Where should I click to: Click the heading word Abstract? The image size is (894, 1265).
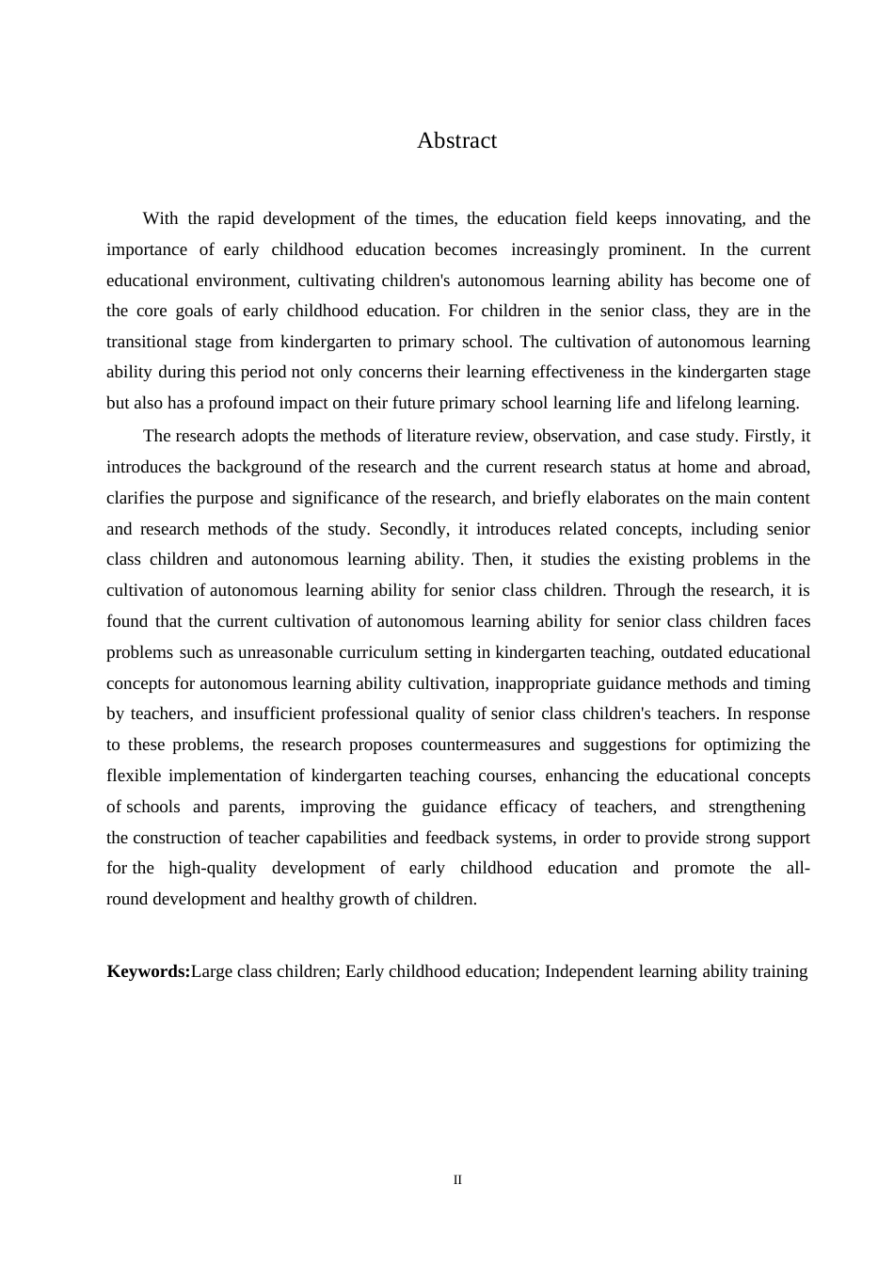click(456, 141)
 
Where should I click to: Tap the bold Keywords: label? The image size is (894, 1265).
click(148, 971)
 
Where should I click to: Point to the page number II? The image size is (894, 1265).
click(457, 1180)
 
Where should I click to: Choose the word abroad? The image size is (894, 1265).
click(783, 467)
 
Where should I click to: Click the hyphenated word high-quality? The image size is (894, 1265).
click(213, 868)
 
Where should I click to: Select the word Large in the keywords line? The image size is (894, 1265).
click(212, 971)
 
